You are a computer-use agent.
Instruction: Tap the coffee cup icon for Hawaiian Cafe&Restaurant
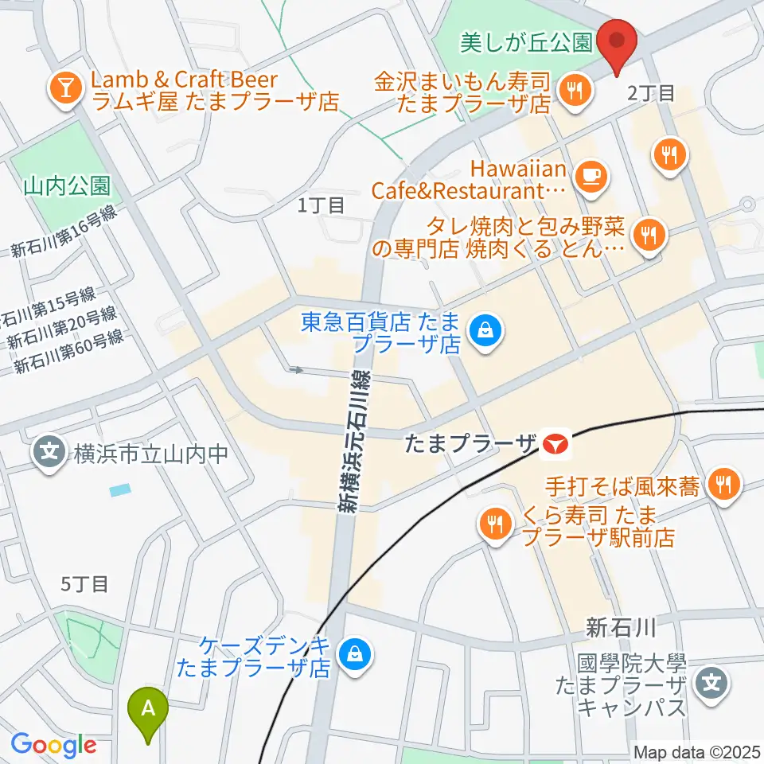(590, 174)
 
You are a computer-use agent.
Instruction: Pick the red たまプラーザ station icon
(555, 445)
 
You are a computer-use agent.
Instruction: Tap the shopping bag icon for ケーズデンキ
(352, 655)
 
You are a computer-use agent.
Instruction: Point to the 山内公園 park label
(67, 186)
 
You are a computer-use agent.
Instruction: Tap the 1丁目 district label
(321, 205)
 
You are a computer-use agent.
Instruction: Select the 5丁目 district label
(84, 583)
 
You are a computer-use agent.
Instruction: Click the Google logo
(53, 745)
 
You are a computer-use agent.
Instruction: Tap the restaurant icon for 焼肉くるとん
(649, 235)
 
